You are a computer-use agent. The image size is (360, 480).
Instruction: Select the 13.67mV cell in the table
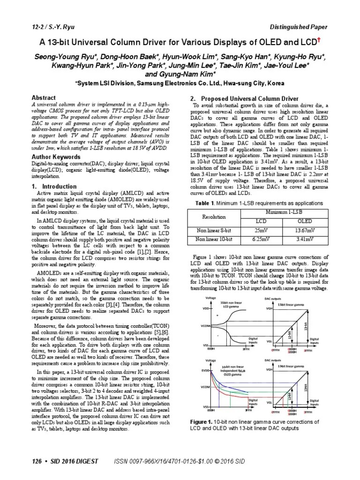point(305,230)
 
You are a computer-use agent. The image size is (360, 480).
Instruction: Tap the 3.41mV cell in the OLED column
point(305,240)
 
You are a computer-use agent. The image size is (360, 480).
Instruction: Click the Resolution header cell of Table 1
point(213,217)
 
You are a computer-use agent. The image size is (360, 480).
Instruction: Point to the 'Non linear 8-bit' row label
point(213,230)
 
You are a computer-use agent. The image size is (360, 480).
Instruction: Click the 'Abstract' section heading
point(43,97)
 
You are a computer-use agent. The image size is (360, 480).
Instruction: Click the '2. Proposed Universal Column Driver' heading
point(243,99)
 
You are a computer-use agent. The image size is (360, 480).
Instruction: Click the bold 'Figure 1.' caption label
point(202,422)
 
